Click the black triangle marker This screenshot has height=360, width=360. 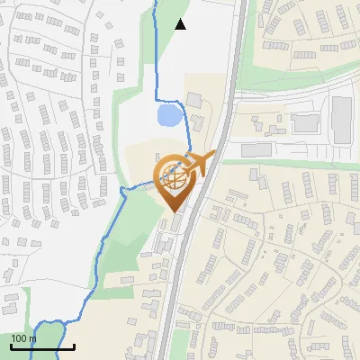[x=181, y=24]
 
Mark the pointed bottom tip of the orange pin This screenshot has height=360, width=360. [x=174, y=212]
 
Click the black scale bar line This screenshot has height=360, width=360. [x=42, y=346]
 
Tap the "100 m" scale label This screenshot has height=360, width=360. [x=23, y=338]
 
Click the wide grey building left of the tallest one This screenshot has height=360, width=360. [x=306, y=121]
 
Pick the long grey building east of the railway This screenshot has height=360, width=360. [x=256, y=149]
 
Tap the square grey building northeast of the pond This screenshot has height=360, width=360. [x=195, y=98]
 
